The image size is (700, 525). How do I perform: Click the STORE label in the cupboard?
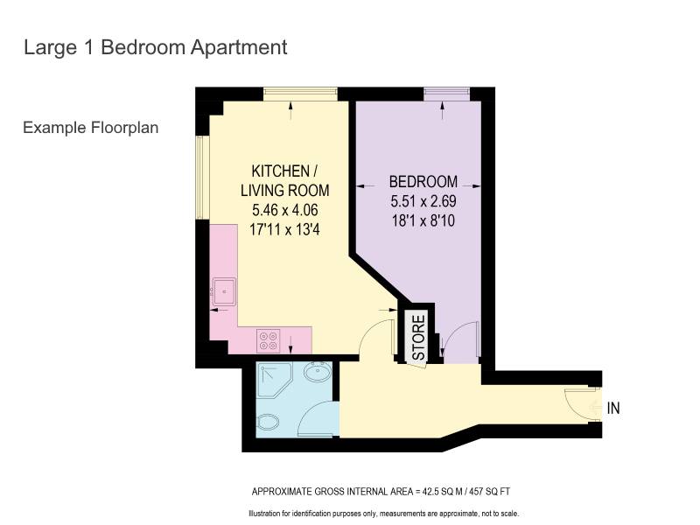(418, 338)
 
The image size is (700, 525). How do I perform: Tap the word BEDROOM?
(423, 182)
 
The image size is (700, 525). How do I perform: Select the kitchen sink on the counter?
(224, 291)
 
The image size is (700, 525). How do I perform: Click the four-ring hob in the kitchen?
(269, 340)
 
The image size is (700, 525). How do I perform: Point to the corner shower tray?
(274, 380)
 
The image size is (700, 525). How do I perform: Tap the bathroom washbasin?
(318, 371)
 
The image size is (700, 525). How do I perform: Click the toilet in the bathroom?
(268, 422)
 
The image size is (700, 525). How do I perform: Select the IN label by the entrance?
(613, 408)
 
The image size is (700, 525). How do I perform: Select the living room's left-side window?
(203, 178)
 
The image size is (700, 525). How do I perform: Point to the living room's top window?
(300, 94)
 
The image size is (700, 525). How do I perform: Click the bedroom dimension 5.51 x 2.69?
(423, 201)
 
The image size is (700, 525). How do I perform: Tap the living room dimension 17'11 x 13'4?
(285, 229)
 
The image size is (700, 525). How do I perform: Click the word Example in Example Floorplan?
(54, 128)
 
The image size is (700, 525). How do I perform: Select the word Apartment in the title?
(239, 48)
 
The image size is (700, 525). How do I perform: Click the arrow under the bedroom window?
(443, 111)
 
